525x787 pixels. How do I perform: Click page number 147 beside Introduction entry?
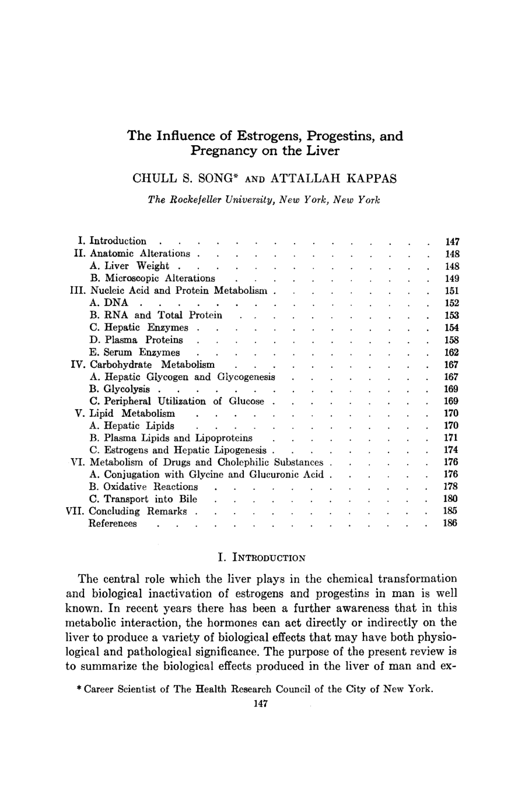coord(452,241)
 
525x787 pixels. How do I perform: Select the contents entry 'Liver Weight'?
coord(136,266)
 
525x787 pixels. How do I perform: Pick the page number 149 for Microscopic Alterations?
coord(452,278)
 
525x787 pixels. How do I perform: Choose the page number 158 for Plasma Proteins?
coord(452,340)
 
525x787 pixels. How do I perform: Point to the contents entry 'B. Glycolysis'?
coord(120,389)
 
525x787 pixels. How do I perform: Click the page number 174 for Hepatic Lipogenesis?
coord(452,450)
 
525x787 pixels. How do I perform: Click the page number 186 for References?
coord(452,524)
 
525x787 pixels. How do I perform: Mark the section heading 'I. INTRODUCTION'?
coord(261,557)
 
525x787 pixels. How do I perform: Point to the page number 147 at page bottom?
coord(261,704)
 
